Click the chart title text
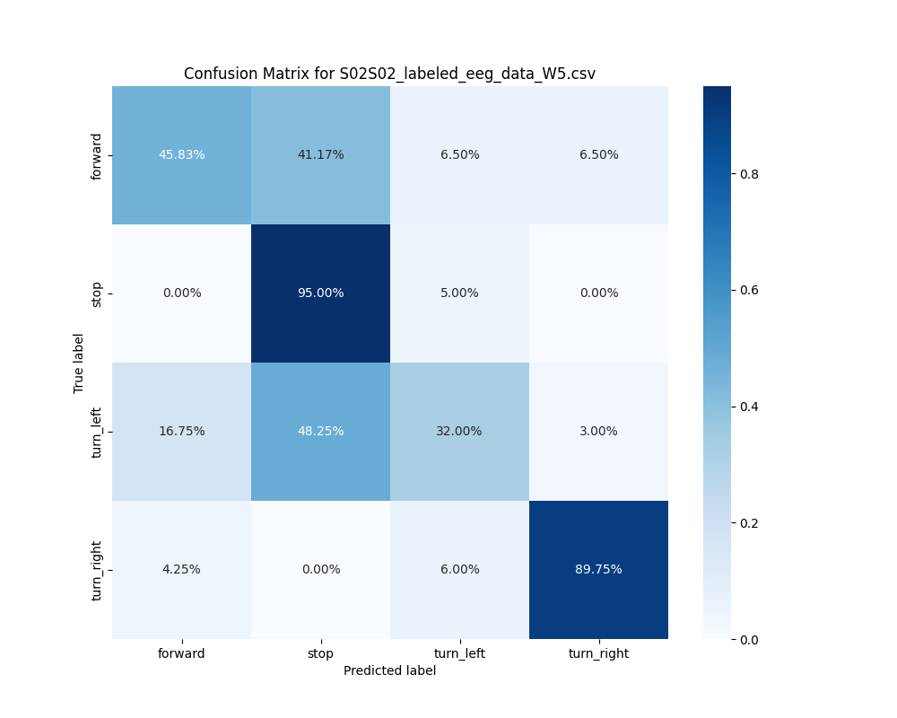point(389,74)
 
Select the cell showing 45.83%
point(181,154)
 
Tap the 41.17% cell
point(320,154)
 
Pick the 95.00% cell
point(320,293)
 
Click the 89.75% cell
point(598,569)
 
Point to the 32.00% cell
point(459,431)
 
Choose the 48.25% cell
point(320,431)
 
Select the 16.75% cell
point(181,431)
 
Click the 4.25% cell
point(181,569)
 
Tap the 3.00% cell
point(598,431)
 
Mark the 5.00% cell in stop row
point(459,293)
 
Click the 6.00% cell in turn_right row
point(459,569)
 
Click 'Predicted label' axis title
point(389,670)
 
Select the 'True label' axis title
point(79,363)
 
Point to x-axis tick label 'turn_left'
point(459,653)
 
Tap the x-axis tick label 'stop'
point(320,653)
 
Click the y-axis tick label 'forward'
point(97,155)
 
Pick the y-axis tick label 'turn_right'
point(97,570)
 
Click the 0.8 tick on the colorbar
point(748,173)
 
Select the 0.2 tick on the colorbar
point(748,522)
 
